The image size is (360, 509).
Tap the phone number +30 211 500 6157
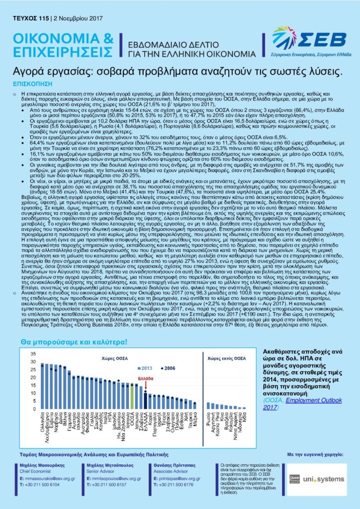point(117,484)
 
